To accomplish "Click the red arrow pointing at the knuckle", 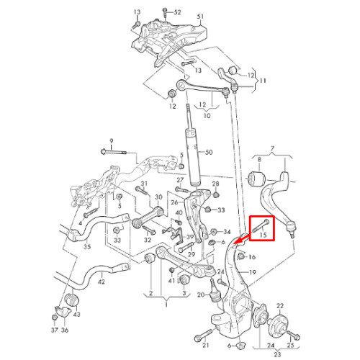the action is [x=241, y=240].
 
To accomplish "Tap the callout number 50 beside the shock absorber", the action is [x=209, y=152].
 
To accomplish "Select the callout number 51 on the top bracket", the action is [x=200, y=17].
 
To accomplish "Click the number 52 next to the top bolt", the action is [x=177, y=12].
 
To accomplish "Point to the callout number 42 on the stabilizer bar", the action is [x=102, y=282].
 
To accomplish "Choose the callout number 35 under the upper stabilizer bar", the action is [x=87, y=246].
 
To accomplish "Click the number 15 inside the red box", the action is [x=264, y=235].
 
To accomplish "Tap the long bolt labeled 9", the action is [x=113, y=152].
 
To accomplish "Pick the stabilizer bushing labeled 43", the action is [x=73, y=300].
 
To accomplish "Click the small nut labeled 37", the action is [x=55, y=318].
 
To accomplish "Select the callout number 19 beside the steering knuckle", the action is [x=253, y=272].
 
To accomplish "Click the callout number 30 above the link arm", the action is [x=158, y=197].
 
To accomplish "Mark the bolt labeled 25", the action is [x=293, y=335].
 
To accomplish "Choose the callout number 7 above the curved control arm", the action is [x=272, y=149].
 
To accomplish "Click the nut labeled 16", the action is [x=240, y=257].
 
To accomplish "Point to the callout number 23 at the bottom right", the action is [x=277, y=354].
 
